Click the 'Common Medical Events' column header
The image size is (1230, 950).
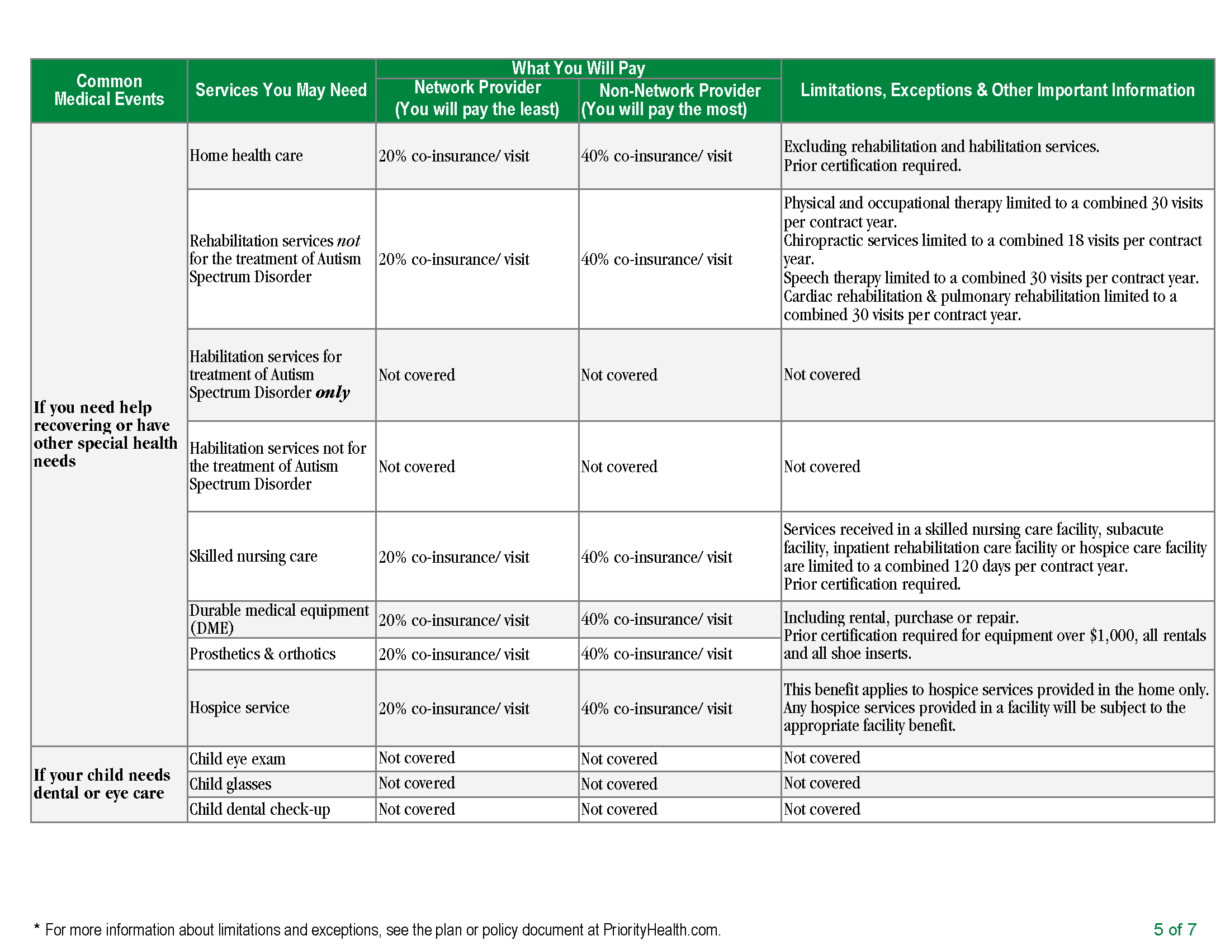coord(108,90)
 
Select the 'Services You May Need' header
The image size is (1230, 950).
coord(281,90)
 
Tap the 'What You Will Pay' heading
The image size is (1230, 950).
coord(578,68)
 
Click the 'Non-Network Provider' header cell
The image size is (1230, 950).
coord(679,91)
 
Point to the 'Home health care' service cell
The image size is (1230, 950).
coord(246,155)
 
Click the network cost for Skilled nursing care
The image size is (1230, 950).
coord(453,557)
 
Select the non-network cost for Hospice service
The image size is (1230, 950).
coord(656,709)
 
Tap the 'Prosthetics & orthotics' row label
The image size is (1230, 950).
coord(262,654)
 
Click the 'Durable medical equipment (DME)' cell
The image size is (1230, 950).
coord(278,619)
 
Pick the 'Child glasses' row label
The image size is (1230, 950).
coord(230,784)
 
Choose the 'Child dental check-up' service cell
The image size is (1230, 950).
coord(259,809)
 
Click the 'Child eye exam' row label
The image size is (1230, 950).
coord(237,759)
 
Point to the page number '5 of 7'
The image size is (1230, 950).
coord(1174,929)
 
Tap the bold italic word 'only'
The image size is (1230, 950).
coord(332,392)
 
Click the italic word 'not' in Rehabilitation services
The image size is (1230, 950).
coord(348,241)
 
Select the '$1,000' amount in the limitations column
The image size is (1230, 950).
coord(1111,635)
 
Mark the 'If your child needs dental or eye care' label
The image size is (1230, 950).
coord(101,784)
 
